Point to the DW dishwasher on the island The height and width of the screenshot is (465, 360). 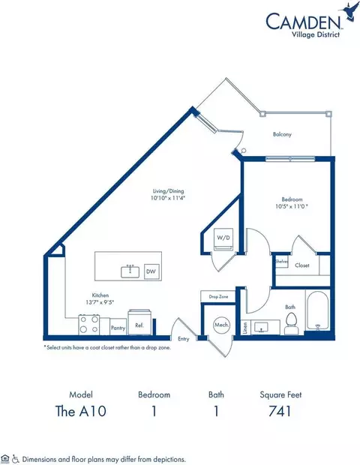coord(151,271)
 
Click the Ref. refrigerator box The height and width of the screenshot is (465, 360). coord(139,326)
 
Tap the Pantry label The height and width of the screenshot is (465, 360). coord(117,327)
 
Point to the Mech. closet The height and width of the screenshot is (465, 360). coord(221,327)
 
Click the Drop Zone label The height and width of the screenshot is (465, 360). coord(219,298)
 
